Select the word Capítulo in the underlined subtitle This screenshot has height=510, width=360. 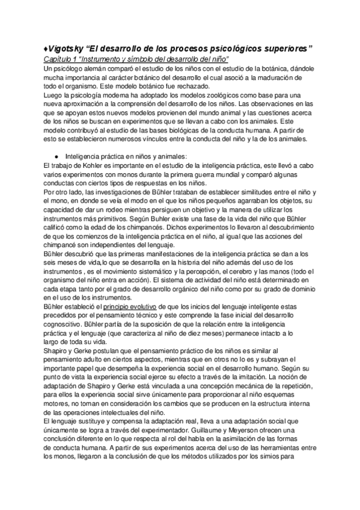[x=58, y=60]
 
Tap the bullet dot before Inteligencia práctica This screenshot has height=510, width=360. [x=56, y=156]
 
